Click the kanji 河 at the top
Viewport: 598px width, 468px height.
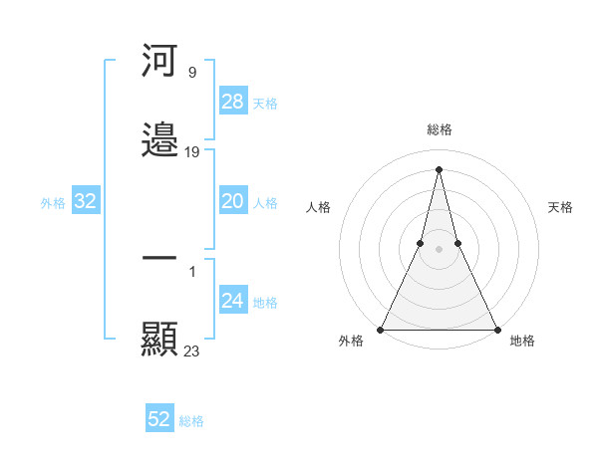pos(159,61)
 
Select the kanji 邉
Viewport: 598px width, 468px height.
pos(159,140)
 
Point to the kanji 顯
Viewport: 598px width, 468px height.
pos(159,339)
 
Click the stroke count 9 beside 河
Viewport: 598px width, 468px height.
pos(191,72)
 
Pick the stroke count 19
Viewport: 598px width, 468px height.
pos(192,152)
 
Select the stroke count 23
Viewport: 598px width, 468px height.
pos(192,351)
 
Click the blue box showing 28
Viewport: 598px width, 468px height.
pos(233,101)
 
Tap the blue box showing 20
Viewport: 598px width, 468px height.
pos(233,201)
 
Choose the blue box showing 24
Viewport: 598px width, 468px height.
pos(233,301)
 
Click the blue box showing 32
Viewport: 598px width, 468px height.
pos(86,201)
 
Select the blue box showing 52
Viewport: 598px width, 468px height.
pos(159,419)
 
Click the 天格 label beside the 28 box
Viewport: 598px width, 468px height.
pos(265,103)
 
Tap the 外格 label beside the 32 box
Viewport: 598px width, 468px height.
pos(53,203)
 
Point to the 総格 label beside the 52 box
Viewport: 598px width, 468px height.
pos(191,421)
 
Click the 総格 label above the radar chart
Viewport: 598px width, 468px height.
pos(440,129)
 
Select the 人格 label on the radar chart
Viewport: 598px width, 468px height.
pos(319,207)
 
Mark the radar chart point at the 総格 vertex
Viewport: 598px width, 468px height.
pos(439,168)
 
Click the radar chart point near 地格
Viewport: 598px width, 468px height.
pos(496,329)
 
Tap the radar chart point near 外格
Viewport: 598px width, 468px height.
pos(381,329)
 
